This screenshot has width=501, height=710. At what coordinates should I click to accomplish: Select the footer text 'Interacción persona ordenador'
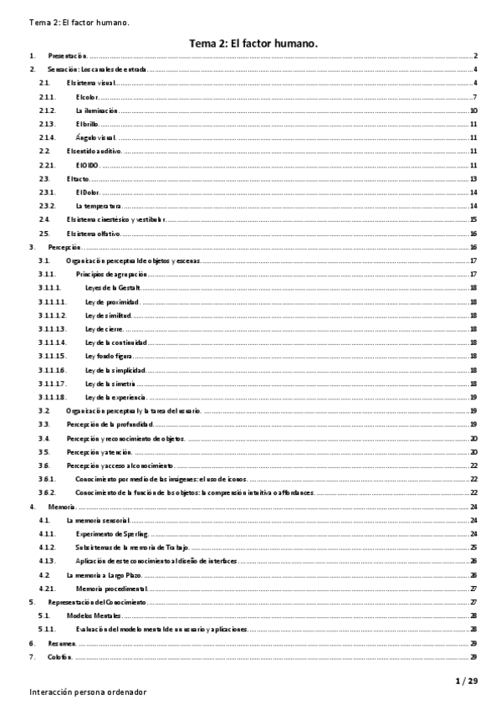(88, 692)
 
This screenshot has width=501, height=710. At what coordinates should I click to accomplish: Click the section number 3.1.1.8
(52, 396)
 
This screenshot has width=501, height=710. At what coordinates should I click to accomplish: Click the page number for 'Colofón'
(473, 656)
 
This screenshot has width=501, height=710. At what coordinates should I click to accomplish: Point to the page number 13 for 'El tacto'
(473, 178)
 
